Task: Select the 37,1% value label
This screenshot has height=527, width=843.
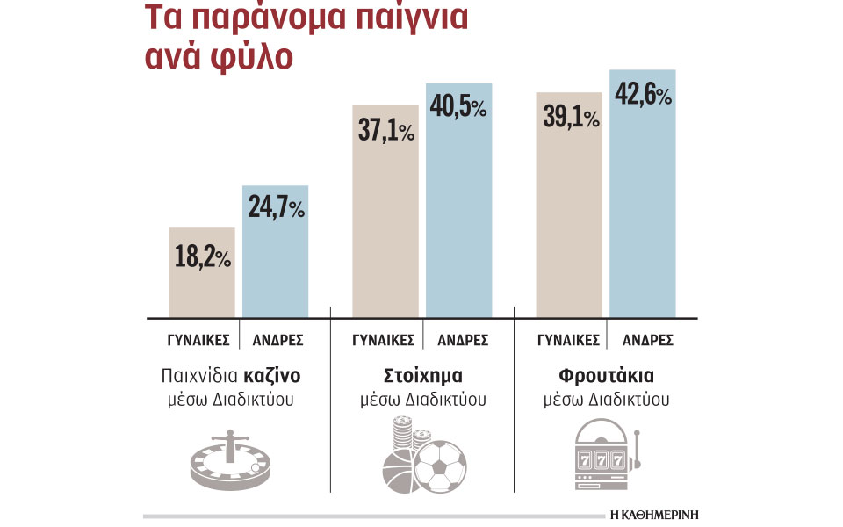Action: [x=385, y=132]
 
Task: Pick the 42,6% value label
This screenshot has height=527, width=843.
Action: [x=642, y=94]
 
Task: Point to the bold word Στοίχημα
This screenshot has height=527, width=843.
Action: [x=422, y=376]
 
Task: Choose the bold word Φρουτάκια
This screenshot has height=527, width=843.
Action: [x=606, y=376]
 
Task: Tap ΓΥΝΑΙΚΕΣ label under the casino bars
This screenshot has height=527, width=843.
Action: [x=201, y=340]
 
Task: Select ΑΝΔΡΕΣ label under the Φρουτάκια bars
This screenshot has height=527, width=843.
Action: [x=643, y=340]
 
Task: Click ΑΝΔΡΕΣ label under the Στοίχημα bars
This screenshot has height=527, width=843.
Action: [x=459, y=340]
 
